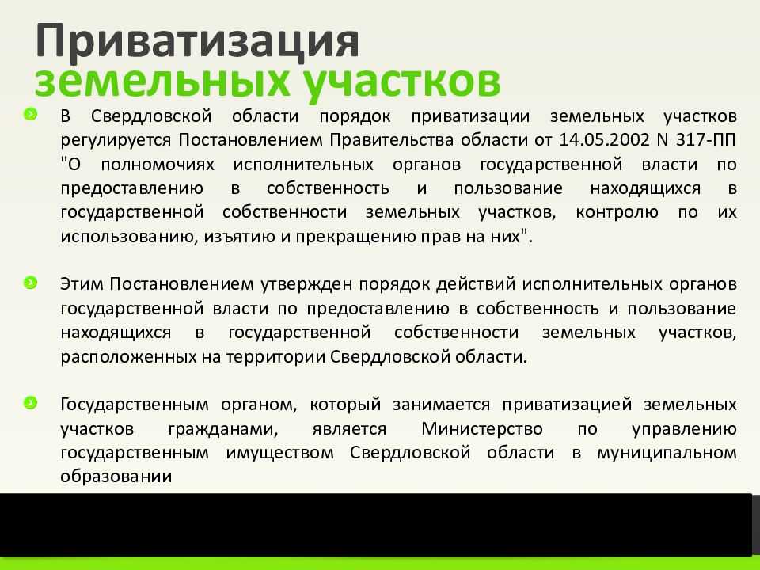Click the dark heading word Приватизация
tap(197, 42)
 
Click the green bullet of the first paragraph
tap(30, 114)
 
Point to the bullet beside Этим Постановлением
tap(30, 282)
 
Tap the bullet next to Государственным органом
tap(30, 402)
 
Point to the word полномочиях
tap(158, 165)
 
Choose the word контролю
tap(617, 213)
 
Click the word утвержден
tap(306, 284)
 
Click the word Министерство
tap(482, 429)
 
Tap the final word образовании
tap(116, 477)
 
